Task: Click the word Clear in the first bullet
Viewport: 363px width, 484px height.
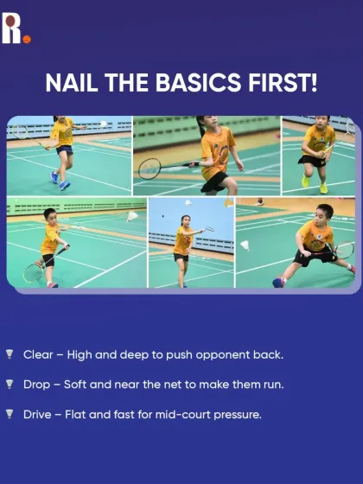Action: (38, 354)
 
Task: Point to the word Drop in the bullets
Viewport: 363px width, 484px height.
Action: (37, 384)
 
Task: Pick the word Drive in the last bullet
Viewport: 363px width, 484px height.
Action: (38, 414)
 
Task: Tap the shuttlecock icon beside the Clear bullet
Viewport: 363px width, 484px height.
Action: (10, 354)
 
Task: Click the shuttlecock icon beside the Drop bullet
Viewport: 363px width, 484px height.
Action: (10, 384)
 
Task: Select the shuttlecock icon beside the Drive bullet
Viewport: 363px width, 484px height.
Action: (10, 414)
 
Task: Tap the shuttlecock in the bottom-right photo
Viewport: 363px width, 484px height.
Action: (245, 245)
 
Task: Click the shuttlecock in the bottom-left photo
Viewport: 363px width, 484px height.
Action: (132, 215)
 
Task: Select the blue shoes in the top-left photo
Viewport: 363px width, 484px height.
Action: (59, 180)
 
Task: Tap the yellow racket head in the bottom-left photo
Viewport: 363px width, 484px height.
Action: (32, 271)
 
